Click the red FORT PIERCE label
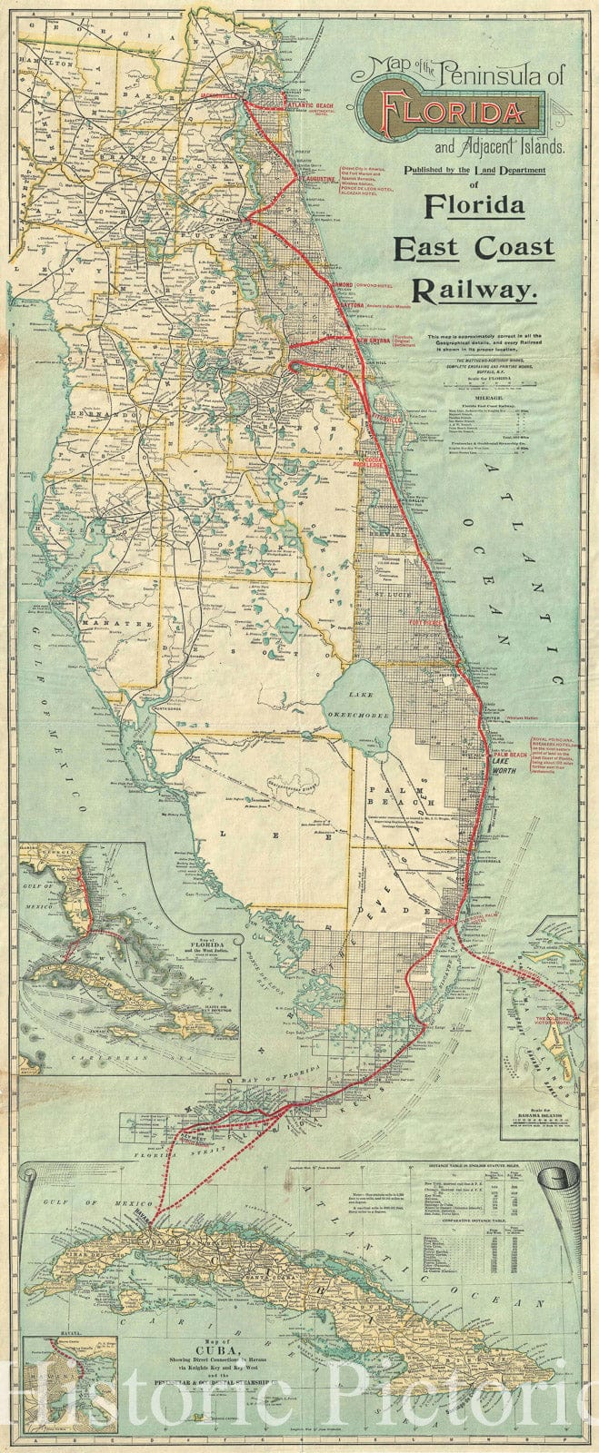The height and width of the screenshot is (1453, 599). click(425, 624)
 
